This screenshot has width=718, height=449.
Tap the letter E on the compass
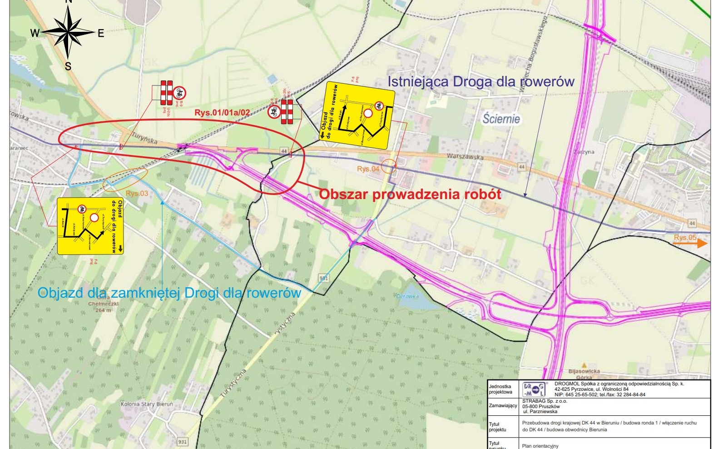(101, 33)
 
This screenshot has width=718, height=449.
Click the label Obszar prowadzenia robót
(410, 194)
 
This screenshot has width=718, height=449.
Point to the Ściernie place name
(501, 119)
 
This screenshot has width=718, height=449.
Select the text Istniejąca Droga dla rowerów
(480, 82)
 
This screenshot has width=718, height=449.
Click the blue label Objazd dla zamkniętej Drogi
(169, 293)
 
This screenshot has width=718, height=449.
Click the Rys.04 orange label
(368, 169)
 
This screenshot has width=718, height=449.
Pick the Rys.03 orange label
(137, 193)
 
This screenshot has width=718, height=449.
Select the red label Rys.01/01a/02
(222, 113)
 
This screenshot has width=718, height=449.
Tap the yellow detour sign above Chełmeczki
(90, 226)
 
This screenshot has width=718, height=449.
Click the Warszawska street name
(465, 157)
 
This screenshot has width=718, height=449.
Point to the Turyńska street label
(144, 138)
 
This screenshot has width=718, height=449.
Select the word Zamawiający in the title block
(503, 405)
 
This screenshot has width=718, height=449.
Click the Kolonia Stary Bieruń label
(147, 404)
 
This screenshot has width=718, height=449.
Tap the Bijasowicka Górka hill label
(584, 374)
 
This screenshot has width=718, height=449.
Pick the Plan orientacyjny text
(540, 446)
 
